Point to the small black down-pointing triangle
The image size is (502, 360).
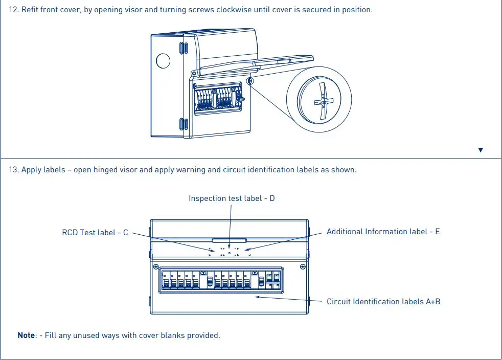click(480, 150)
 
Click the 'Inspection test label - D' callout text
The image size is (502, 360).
click(232, 198)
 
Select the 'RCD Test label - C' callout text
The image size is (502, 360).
click(95, 232)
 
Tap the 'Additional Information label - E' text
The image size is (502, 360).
click(383, 232)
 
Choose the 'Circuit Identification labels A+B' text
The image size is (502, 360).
click(383, 301)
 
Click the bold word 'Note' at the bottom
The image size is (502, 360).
click(27, 335)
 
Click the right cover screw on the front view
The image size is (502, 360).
click(303, 266)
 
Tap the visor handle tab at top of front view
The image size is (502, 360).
click(230, 239)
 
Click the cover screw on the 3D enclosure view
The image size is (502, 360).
click(250, 81)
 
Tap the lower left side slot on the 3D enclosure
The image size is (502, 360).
click(182, 124)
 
